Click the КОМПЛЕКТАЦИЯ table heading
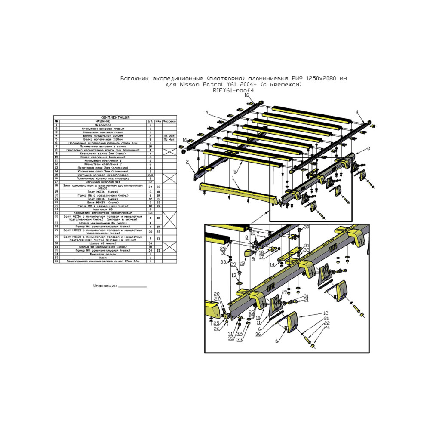coord(115,117)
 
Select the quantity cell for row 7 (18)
coord(150,147)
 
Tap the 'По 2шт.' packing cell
coord(168,135)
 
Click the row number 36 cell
coord(56,261)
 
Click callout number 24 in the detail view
coord(327,328)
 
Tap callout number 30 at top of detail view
coord(307,227)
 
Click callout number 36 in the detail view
coord(258,334)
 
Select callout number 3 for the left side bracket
coord(368,148)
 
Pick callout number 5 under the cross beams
coord(235,171)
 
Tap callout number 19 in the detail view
coord(284,292)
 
